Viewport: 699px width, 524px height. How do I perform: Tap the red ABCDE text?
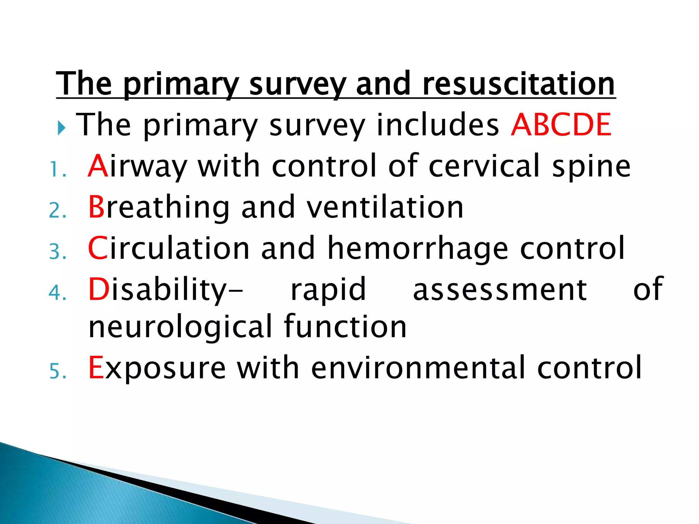click(561, 125)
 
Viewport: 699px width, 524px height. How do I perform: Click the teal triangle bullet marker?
click(61, 128)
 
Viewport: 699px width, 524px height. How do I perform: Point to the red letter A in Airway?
click(98, 166)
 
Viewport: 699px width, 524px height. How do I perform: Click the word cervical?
click(484, 166)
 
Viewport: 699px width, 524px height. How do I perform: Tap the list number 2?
click(57, 210)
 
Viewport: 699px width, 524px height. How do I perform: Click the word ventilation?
click(385, 207)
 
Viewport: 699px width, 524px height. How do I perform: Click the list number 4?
click(57, 293)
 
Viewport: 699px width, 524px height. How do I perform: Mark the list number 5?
click(57, 371)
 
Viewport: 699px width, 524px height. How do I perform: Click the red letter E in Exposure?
click(96, 368)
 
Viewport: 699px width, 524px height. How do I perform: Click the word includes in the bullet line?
click(438, 125)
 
